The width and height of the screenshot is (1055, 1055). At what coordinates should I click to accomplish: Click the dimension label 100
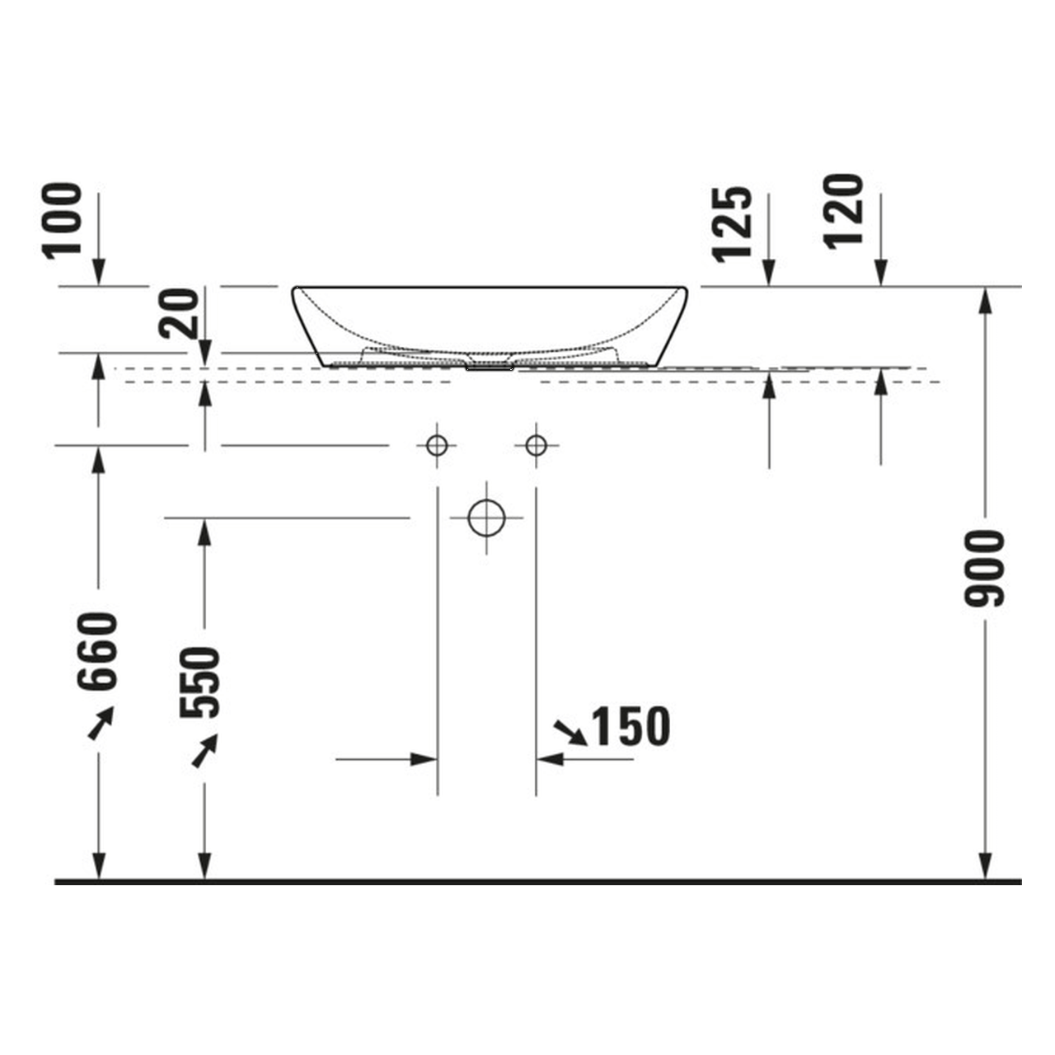point(63,220)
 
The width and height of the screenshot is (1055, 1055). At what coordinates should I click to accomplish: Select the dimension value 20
point(179,313)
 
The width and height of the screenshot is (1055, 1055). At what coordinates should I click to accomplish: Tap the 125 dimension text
point(731,224)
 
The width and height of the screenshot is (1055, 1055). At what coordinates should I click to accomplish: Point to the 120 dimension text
point(843,212)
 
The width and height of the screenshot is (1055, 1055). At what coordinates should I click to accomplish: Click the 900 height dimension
point(984,568)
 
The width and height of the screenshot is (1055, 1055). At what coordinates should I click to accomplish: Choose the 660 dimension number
point(97,651)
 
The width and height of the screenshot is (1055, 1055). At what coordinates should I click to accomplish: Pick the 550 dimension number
point(199,682)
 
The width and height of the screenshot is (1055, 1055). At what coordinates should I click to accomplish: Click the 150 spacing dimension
point(631,726)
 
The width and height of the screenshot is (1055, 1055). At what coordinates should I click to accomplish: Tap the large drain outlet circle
point(486,518)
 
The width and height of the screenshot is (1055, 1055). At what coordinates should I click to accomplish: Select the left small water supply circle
point(437,445)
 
